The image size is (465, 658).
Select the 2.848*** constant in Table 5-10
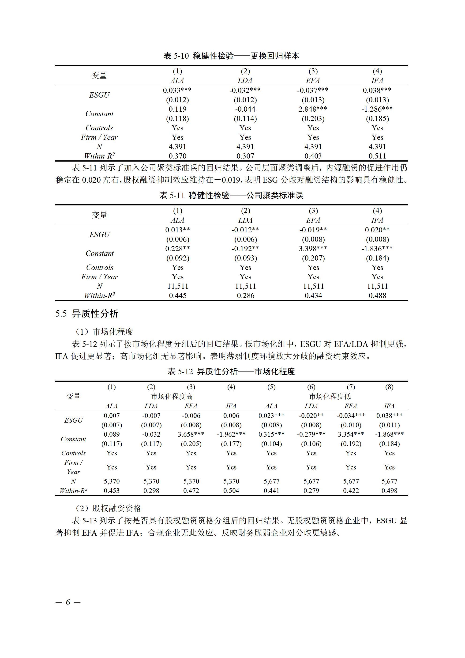(x=313, y=109)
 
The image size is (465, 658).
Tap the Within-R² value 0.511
(x=377, y=156)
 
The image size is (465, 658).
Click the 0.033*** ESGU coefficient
(x=177, y=90)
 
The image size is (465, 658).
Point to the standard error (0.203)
(x=313, y=119)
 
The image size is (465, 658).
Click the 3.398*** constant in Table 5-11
(x=313, y=249)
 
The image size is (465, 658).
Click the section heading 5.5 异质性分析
(x=87, y=314)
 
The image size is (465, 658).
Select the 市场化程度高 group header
(x=172, y=396)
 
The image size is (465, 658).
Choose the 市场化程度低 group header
(x=330, y=396)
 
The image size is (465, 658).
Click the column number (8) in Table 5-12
(x=389, y=387)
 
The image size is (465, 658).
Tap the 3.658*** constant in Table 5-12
(x=191, y=434)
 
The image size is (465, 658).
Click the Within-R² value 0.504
(x=231, y=491)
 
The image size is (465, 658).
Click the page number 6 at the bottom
(x=68, y=602)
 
